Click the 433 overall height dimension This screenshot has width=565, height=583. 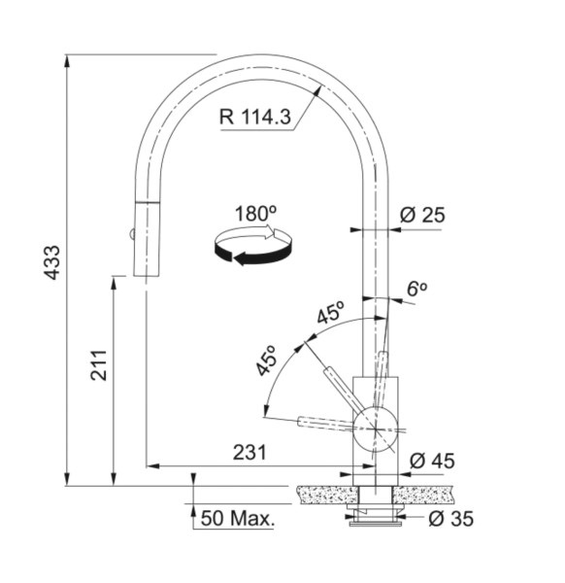52,262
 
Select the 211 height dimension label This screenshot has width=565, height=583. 99,365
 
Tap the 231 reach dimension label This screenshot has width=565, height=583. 249,453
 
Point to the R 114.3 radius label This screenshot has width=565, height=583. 255,117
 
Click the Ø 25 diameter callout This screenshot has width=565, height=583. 422,215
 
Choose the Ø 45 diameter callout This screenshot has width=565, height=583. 432,461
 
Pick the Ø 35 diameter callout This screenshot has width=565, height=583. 451,519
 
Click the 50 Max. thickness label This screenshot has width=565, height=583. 238,518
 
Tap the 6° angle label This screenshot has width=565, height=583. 416,289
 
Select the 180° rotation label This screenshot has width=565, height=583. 256,214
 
